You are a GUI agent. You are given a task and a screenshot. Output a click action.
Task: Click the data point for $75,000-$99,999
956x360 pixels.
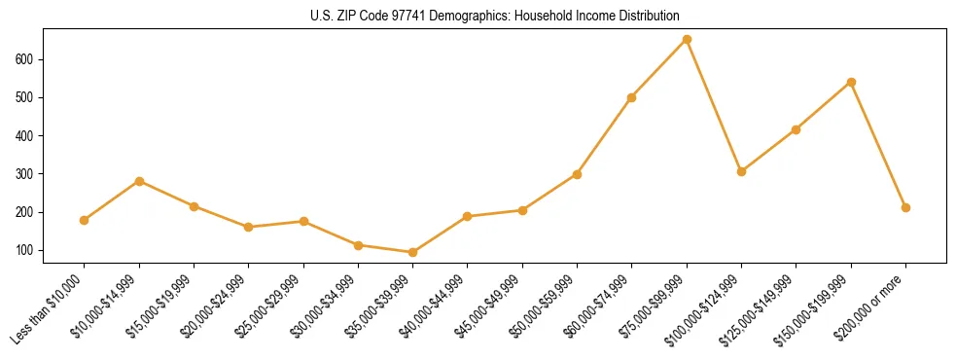pos(687,40)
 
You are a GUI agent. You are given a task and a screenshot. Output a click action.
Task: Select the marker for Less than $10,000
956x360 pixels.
pos(85,220)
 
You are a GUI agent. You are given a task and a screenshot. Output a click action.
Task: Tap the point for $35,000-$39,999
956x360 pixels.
pos(413,252)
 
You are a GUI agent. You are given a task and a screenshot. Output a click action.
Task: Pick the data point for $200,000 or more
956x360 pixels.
pos(905,207)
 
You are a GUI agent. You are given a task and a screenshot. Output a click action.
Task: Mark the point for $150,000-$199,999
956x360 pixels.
pos(851,83)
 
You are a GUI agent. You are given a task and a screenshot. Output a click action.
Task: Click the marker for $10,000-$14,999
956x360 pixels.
pos(139,181)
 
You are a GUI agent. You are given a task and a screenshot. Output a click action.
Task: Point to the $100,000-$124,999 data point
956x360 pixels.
pos(741,171)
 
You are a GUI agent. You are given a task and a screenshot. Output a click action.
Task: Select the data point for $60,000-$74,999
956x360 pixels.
pos(632,97)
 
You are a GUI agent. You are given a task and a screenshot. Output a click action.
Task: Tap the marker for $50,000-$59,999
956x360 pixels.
pos(577,174)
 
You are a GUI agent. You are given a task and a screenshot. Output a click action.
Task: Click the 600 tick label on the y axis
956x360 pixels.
pos(26,59)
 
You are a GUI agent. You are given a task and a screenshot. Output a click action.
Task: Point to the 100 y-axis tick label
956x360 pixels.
pos(26,250)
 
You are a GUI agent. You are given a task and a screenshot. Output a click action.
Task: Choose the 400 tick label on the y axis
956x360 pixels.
pos(26,135)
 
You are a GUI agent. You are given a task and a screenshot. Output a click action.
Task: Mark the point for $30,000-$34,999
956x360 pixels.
pos(358,245)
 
